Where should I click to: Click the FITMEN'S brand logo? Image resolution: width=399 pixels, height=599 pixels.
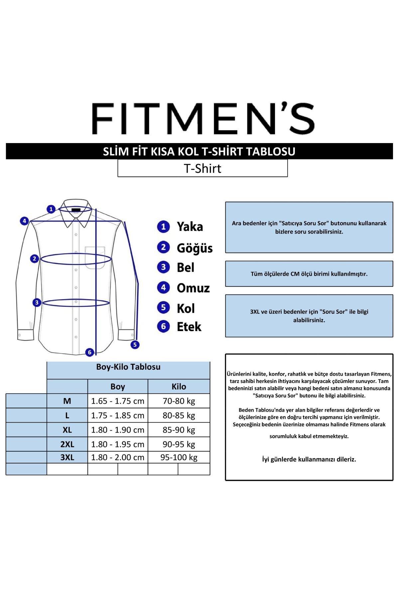203,119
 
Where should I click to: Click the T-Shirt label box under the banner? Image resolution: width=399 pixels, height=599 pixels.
202,168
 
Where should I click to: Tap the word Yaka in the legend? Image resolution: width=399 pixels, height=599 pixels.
190,227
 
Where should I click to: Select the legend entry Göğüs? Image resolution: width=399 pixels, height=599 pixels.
195,248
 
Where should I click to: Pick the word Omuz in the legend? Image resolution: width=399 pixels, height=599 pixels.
193,288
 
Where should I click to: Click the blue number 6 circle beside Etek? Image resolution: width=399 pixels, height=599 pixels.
163,326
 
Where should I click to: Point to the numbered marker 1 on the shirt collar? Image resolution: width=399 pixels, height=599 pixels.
51,209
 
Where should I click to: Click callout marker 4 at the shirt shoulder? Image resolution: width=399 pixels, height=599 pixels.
24,221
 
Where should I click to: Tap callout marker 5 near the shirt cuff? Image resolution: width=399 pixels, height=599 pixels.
135,344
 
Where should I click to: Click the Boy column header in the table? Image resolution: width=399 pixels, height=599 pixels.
118,386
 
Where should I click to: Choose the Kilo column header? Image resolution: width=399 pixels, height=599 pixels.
179,386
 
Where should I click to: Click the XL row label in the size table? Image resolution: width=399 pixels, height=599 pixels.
67,430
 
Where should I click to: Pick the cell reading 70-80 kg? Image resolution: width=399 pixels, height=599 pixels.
179,401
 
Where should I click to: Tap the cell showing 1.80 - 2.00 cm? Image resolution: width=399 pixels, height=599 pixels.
118,457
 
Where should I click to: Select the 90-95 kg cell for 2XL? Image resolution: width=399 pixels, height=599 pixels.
179,444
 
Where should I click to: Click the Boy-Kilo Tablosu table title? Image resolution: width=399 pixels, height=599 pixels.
128,367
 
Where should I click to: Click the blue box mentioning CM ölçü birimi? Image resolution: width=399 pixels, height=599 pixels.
309,274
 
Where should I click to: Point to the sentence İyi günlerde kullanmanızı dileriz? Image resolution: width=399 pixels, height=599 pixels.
309,459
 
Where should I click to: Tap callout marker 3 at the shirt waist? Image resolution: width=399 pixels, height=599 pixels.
37,302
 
